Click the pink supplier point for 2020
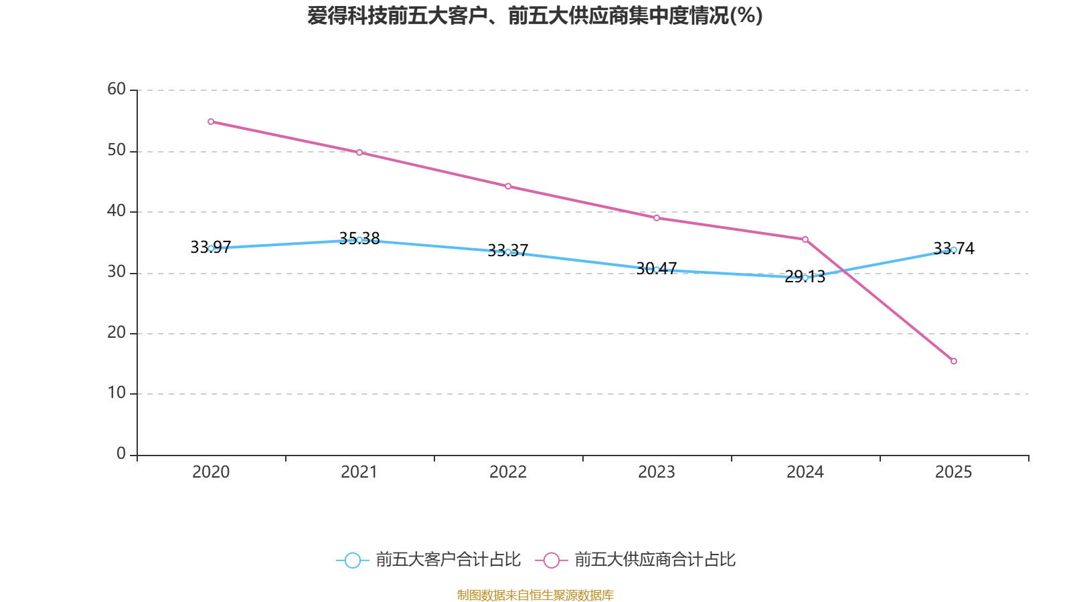[x=211, y=122]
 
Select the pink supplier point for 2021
[x=359, y=153]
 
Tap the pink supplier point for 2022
[x=508, y=186]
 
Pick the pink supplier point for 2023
[x=657, y=218]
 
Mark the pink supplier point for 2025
[x=954, y=361]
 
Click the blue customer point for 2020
[x=211, y=248]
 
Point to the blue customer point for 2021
[x=359, y=239]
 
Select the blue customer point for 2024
[x=805, y=277]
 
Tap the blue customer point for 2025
[x=954, y=249]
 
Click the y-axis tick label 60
[x=116, y=89]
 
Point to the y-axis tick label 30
[x=116, y=272]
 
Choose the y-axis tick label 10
[x=116, y=393]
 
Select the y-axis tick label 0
[x=121, y=454]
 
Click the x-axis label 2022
[x=508, y=472]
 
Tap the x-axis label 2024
[x=805, y=472]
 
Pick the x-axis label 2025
[x=954, y=472]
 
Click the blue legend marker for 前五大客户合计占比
[x=352, y=560]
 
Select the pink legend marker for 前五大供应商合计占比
[x=551, y=560]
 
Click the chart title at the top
[x=535, y=15]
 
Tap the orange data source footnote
[x=535, y=595]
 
